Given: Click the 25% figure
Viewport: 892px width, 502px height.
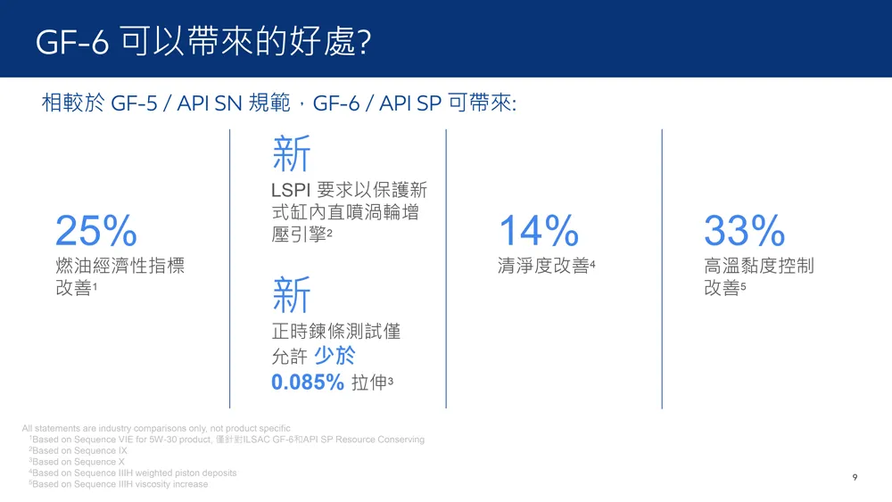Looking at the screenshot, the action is click(x=96, y=230).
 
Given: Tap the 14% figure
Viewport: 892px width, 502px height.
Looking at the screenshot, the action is click(x=539, y=230).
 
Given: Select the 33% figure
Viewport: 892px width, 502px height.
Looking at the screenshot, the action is click(x=744, y=230).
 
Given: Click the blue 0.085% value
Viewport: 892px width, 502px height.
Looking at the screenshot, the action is click(x=307, y=382).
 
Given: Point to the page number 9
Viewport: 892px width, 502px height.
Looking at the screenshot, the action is click(x=855, y=478).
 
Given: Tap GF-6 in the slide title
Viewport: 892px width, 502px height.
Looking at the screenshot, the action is click(x=71, y=42).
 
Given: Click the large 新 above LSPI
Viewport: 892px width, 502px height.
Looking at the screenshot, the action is click(x=292, y=153).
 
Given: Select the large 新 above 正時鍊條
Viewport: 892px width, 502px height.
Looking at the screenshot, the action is click(x=292, y=294).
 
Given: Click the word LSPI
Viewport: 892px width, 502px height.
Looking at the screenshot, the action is click(x=290, y=191).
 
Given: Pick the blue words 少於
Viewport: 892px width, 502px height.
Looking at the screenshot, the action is click(x=334, y=356).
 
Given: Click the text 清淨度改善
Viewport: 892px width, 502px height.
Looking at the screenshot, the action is click(x=543, y=266).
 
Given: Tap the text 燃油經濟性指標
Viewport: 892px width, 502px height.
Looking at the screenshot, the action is click(x=120, y=266).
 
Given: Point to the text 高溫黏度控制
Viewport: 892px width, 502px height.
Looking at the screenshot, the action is click(x=759, y=266).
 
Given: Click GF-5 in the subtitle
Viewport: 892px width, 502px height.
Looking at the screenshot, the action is click(x=134, y=103).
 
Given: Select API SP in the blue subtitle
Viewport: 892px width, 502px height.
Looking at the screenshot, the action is click(x=410, y=103).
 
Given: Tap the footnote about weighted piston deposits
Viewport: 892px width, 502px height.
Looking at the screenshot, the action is click(x=133, y=473).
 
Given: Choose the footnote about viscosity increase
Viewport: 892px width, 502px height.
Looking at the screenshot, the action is click(x=119, y=484).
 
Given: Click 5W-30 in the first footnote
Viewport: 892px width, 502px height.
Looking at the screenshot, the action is click(x=163, y=440).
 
